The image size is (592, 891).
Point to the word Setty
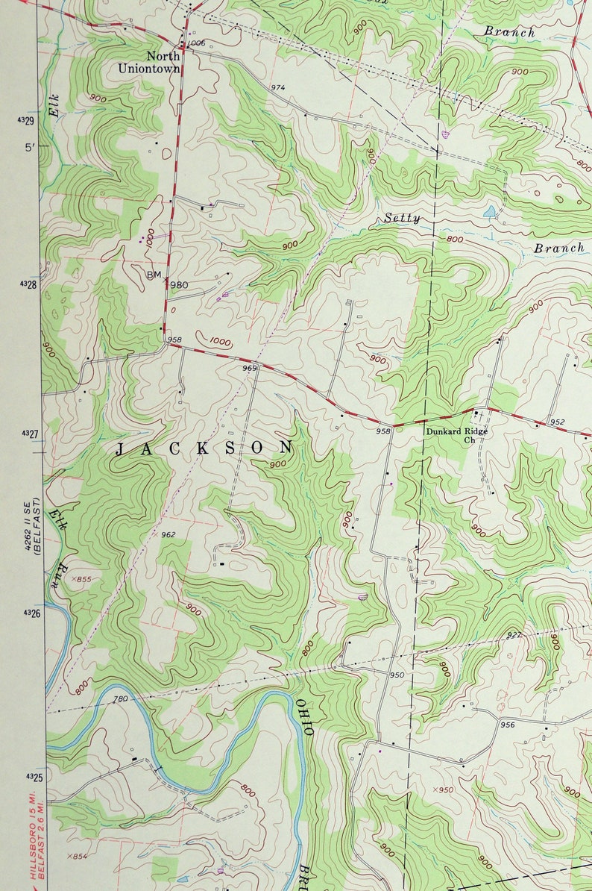403,219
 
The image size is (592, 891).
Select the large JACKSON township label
204,448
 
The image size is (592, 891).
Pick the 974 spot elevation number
277,88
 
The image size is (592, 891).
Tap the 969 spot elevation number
249,368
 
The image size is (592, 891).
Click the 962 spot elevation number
167,534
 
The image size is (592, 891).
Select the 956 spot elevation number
508,725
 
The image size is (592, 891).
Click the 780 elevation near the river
120,699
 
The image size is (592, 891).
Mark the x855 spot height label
80,579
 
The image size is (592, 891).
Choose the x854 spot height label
77,856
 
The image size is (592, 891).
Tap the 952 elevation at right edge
557,422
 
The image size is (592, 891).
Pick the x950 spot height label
443,790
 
